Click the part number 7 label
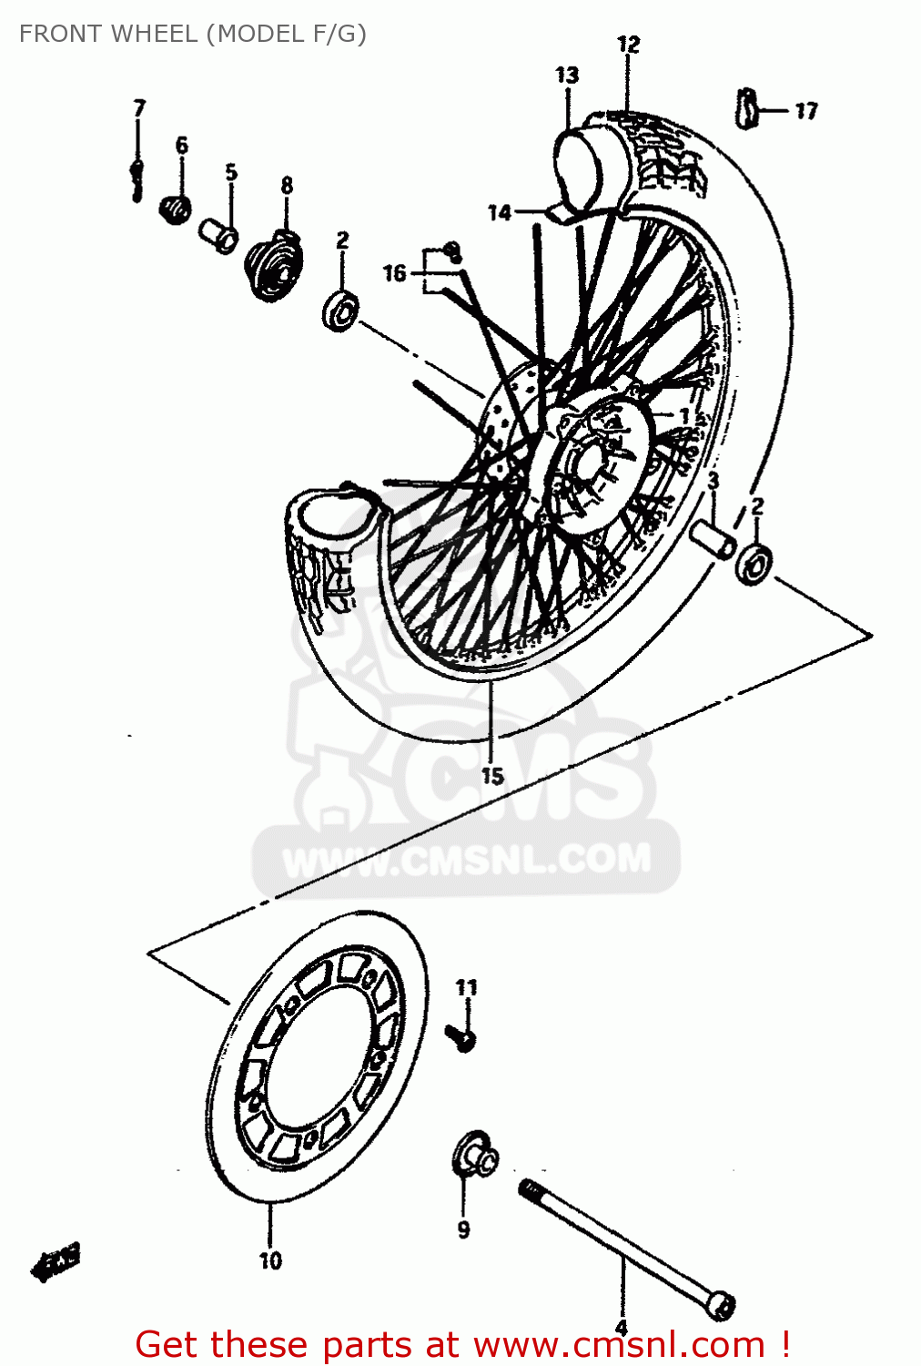click(x=139, y=108)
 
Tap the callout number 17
click(x=806, y=111)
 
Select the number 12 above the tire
click(x=628, y=45)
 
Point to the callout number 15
click(x=492, y=776)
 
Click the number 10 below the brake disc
click(x=270, y=1260)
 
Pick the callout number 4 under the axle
click(x=622, y=1328)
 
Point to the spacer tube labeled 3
click(x=713, y=538)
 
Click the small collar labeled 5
click(x=219, y=235)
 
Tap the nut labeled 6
click(x=175, y=209)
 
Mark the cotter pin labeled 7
click(x=137, y=177)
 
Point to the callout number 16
click(x=394, y=272)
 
